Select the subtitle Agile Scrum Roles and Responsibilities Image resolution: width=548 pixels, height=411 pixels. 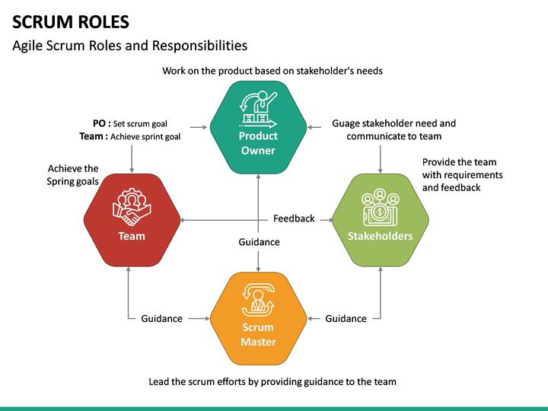click(x=130, y=46)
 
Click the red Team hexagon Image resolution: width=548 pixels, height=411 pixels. click(x=132, y=221)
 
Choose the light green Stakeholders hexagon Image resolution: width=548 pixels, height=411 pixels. click(x=380, y=221)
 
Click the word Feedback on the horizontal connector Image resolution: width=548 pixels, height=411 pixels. click(x=294, y=218)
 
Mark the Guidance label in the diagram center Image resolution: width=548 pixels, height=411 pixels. click(x=259, y=242)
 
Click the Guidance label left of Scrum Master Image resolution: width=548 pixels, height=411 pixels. click(x=161, y=319)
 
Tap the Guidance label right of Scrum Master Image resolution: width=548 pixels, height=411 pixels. click(x=346, y=319)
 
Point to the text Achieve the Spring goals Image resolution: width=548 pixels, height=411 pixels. click(x=73, y=175)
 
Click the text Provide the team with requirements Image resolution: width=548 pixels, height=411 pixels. click(x=462, y=174)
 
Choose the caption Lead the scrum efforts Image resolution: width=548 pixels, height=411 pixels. click(x=272, y=381)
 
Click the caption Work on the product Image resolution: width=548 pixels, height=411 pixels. click(x=272, y=71)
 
